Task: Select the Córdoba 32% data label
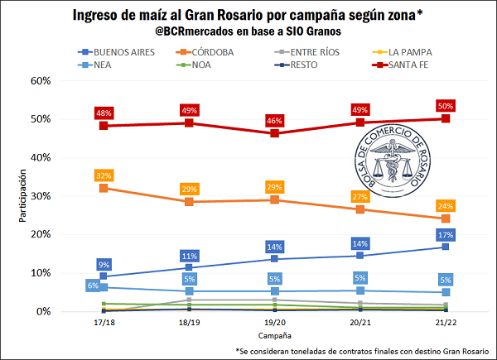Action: [x=104, y=175]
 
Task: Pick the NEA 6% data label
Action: [x=93, y=286]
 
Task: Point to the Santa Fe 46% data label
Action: [x=274, y=122]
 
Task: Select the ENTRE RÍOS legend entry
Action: [x=308, y=51]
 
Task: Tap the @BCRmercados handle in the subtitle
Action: [x=204, y=31]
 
